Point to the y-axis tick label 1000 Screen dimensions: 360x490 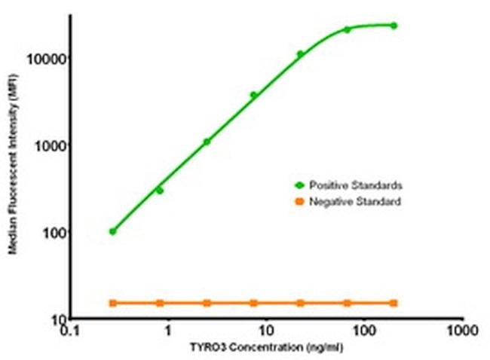52,145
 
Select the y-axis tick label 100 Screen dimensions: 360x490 55,232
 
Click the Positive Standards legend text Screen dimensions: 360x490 348,185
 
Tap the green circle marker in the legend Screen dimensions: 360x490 299,185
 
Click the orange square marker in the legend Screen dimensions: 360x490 299,202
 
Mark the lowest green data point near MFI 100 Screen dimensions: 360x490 113,231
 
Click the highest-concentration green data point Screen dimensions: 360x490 394,26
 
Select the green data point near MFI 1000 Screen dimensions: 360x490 207,142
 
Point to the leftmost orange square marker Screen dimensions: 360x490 113,303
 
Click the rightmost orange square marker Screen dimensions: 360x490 394,303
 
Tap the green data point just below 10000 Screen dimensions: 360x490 300,54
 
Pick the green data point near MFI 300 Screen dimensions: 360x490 160,191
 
